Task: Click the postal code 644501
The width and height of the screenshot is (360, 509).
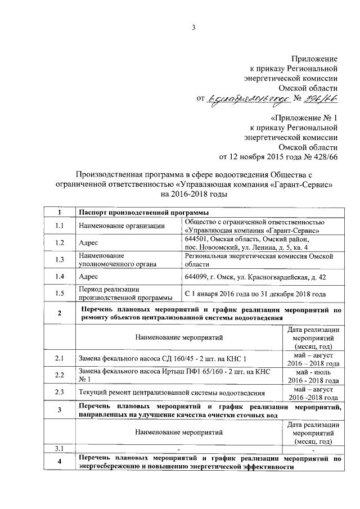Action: coord(196,238)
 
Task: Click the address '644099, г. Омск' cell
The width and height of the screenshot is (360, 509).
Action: coord(254,277)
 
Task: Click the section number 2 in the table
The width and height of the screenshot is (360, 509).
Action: coord(59,313)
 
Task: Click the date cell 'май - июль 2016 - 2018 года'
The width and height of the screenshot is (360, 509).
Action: coord(314,376)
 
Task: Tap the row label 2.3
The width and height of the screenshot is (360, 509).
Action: coord(59,393)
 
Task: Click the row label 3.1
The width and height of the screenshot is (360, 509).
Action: coord(59,448)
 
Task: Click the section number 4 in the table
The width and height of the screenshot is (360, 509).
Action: coord(59,462)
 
